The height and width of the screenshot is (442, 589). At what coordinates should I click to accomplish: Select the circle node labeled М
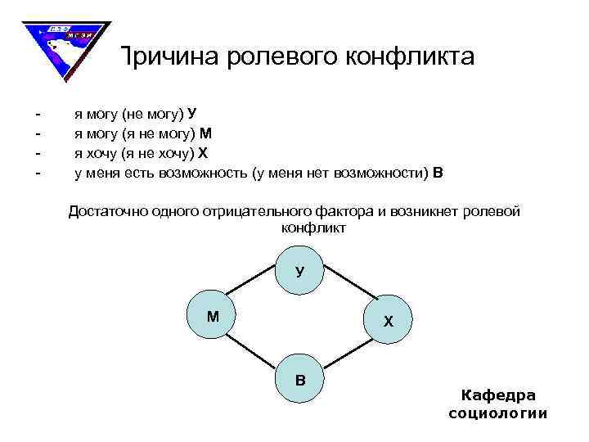[x=213, y=314]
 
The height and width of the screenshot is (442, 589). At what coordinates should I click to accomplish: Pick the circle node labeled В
[x=299, y=378]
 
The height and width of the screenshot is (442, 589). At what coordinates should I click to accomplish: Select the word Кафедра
[x=498, y=395]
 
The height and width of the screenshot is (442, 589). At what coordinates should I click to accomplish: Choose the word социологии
[x=498, y=413]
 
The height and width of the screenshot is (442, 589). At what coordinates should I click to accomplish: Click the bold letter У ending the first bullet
[x=191, y=112]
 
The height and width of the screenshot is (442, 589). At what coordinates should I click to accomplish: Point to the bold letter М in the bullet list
[x=206, y=133]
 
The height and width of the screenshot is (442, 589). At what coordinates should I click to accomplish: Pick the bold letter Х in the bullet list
[x=204, y=152]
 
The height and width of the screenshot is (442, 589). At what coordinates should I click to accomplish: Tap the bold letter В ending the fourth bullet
[x=438, y=173]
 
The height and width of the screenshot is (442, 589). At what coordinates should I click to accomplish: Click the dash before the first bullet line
[x=37, y=112]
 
